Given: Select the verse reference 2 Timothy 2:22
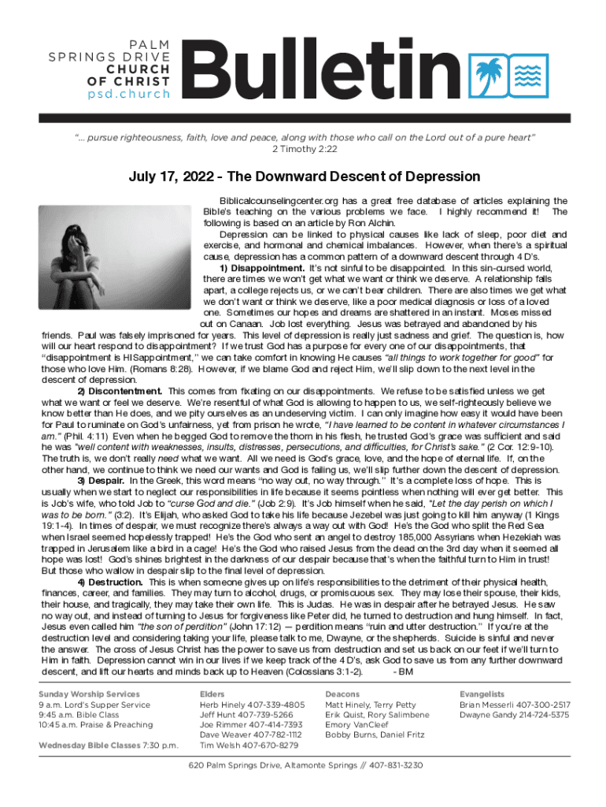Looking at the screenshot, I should click(x=304, y=148).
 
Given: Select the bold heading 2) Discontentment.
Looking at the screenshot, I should click(x=120, y=391).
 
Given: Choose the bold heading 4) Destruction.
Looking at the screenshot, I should click(x=109, y=581).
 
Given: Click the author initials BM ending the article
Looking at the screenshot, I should click(x=403, y=672).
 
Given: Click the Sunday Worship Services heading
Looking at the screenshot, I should click(x=90, y=694).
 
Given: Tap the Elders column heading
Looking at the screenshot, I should click(x=213, y=694).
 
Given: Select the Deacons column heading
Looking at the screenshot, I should click(x=342, y=694).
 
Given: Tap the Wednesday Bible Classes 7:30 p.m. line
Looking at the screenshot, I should click(x=109, y=745).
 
